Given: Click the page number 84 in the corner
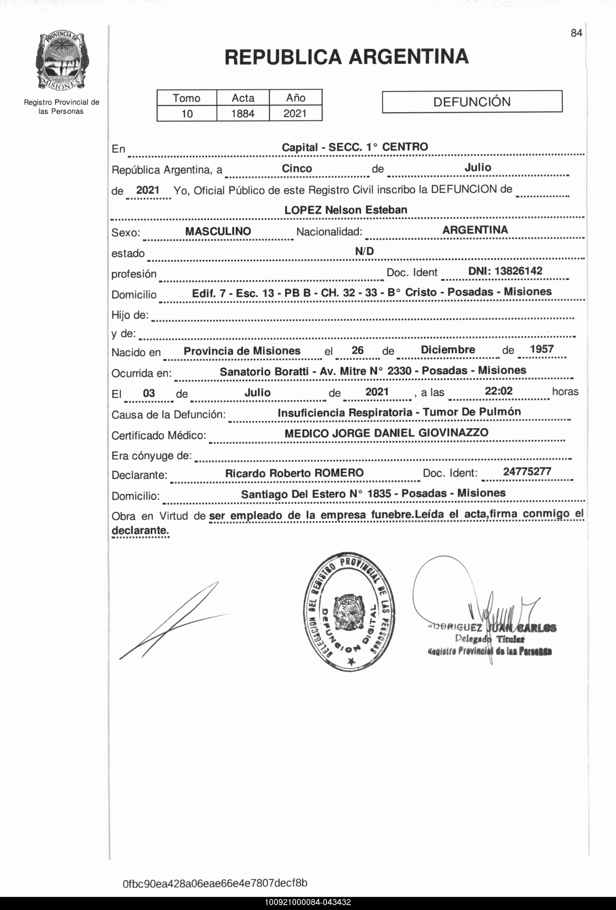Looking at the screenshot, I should click(576, 33).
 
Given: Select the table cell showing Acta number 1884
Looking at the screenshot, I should click(243, 114).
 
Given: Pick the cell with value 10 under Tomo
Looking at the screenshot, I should click(187, 114).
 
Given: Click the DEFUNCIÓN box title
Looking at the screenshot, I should click(472, 102).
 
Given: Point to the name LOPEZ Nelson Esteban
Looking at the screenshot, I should click(346, 210).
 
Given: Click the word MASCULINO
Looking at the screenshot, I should click(218, 231).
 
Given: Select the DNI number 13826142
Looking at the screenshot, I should click(518, 271).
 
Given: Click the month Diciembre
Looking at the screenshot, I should click(448, 350).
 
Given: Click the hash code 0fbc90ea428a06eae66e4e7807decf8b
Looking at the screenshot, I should click(215, 883).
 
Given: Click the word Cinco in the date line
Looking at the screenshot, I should click(297, 168).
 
